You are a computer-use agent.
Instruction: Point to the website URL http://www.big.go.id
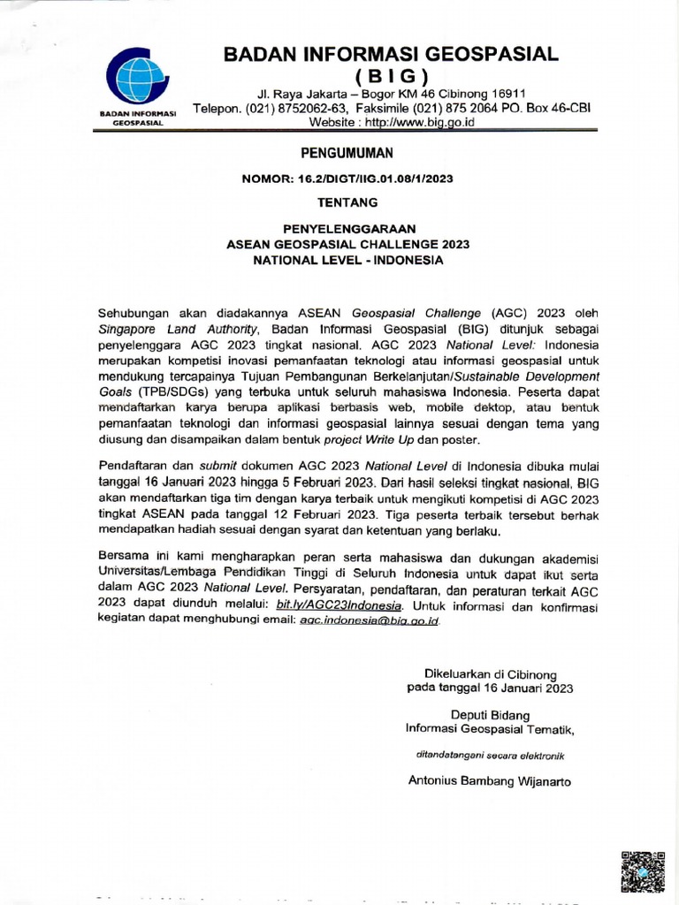(x=420, y=122)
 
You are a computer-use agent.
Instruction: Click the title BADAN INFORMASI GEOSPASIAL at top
(x=391, y=54)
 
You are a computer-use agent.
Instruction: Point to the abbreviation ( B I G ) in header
(x=391, y=74)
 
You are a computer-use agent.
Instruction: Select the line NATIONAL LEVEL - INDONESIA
(x=347, y=261)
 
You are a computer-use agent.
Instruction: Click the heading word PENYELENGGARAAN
(x=347, y=228)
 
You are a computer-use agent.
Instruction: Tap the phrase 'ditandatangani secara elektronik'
(x=490, y=756)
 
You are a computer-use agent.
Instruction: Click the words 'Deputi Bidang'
(x=490, y=713)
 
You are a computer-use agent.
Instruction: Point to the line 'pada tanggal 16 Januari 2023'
(x=490, y=687)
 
